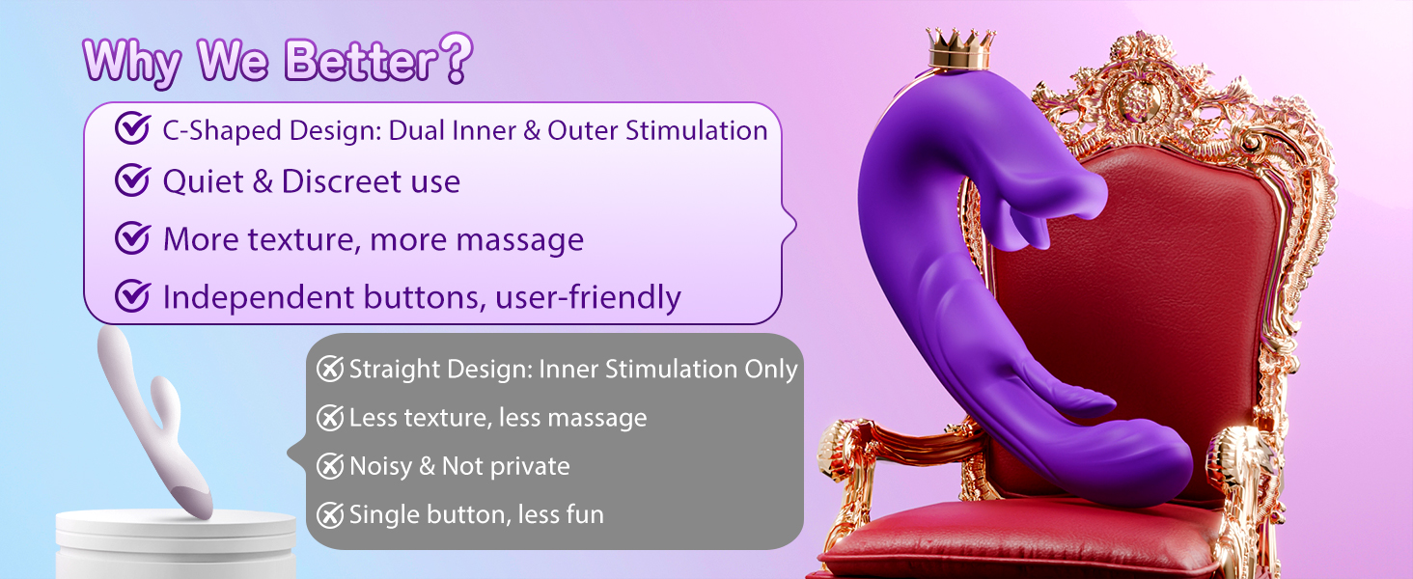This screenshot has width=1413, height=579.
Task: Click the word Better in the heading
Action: [361, 61]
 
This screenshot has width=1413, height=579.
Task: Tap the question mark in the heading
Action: [457, 58]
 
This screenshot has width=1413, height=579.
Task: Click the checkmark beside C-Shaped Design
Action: [132, 128]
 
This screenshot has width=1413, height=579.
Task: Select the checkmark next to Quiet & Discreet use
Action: [132, 179]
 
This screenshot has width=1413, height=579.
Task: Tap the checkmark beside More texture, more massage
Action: [132, 237]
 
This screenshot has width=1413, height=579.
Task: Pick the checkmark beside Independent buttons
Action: [132, 296]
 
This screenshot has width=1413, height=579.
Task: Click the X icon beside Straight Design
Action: [330, 369]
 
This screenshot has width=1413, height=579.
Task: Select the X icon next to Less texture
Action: [330, 418]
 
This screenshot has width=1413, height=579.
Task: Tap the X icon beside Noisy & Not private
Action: [330, 466]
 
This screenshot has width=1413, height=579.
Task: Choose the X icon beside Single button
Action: [330, 514]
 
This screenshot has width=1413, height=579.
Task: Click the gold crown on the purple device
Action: [960, 48]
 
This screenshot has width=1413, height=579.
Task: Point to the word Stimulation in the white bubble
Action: [697, 130]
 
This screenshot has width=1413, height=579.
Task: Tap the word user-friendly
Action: [588, 297]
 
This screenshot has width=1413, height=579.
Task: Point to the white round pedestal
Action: [176, 543]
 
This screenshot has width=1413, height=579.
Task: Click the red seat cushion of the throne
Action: [1022, 541]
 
